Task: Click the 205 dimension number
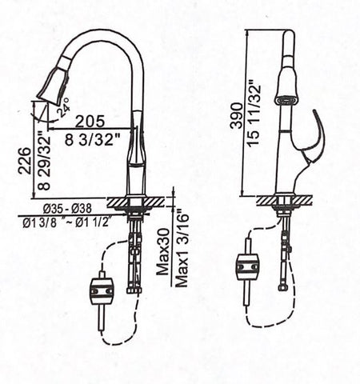(90, 122)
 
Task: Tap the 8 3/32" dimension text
(93, 139)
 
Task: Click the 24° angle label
(64, 107)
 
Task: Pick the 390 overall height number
(237, 116)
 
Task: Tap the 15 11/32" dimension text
(254, 112)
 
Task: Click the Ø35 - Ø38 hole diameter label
(67, 209)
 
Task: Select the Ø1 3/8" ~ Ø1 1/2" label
(67, 222)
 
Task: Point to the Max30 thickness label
(163, 252)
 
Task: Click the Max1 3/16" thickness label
(182, 247)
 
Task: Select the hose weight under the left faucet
(101, 292)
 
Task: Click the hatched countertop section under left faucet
(135, 202)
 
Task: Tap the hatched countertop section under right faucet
(284, 200)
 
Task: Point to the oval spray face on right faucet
(286, 101)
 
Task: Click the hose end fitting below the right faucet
(282, 287)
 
